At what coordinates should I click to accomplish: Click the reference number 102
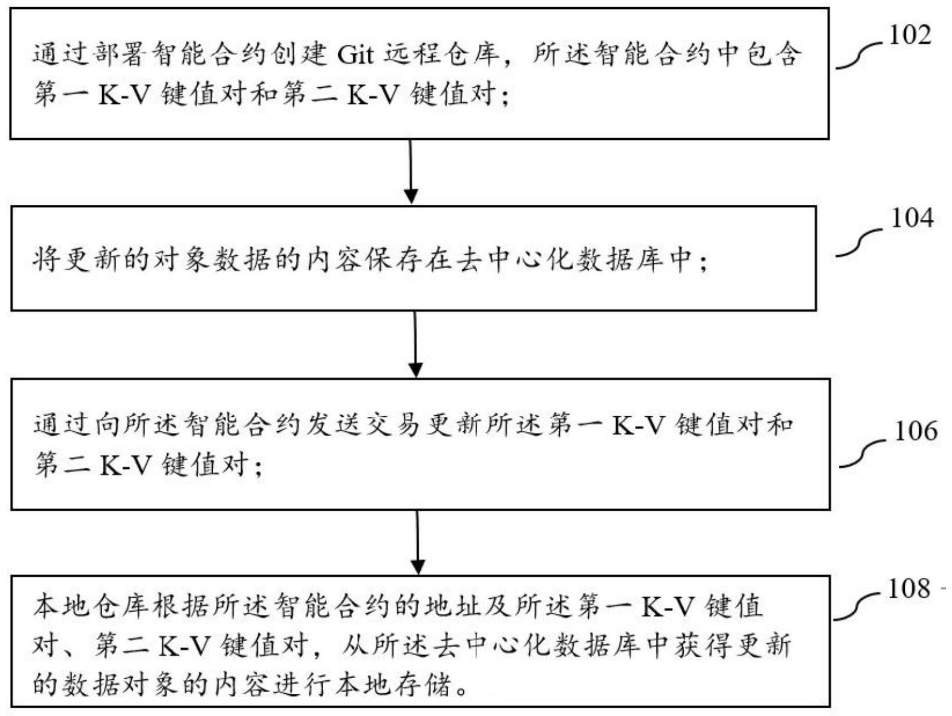910,36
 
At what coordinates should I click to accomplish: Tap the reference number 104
912,218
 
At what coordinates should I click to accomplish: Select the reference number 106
915,431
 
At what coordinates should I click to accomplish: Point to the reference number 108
909,588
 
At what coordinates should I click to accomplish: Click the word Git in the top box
355,54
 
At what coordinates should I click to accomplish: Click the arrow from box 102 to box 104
410,171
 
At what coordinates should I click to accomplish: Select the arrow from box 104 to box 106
415,344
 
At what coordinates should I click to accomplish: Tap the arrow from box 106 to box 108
417,542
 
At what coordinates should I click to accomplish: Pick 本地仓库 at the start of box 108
90,606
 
